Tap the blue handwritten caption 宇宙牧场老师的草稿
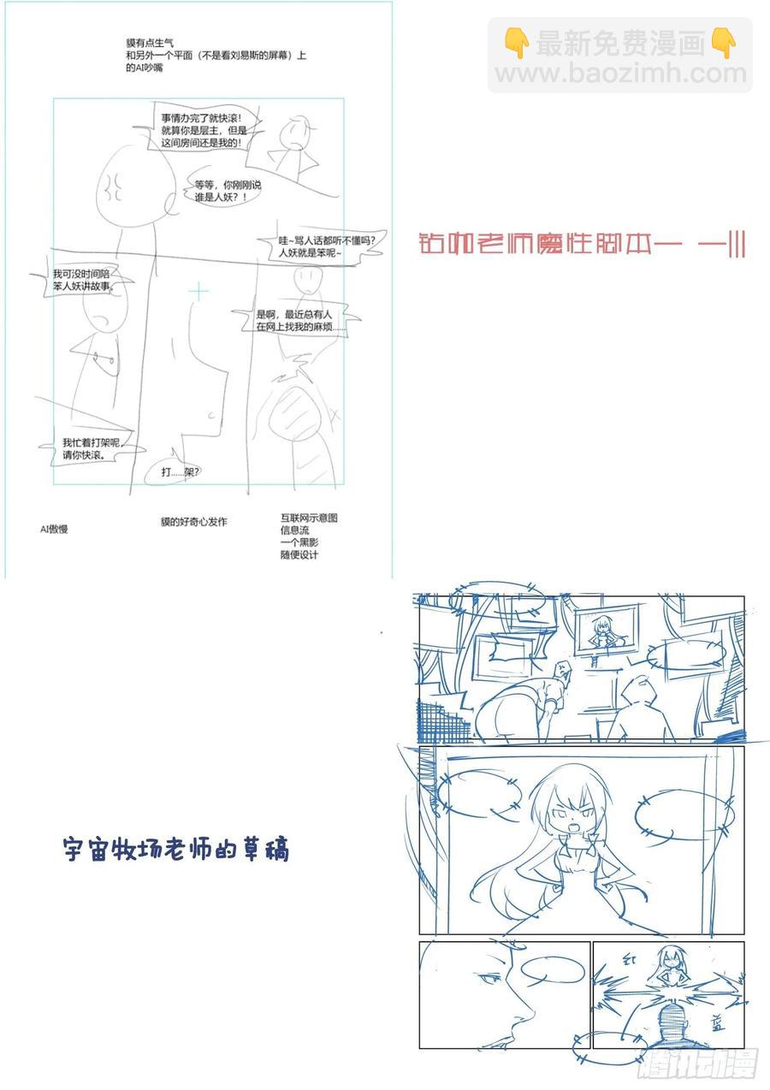click(x=176, y=850)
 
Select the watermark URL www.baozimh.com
click(x=621, y=74)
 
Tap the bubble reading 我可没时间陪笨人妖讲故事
click(x=86, y=280)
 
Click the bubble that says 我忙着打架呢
click(x=86, y=448)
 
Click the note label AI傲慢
click(x=54, y=529)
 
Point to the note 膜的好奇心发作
click(x=193, y=521)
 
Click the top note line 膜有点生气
click(x=149, y=42)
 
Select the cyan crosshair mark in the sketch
click(x=198, y=293)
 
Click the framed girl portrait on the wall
click(x=605, y=633)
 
